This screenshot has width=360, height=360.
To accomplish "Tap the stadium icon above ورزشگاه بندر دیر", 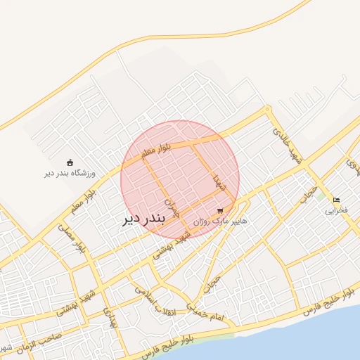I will coord(69,162).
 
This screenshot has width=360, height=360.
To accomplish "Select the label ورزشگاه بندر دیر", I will coord(70,173).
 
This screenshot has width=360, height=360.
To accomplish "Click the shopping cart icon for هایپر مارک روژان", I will coord(221,210).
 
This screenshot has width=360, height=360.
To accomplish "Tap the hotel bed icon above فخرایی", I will coord(336,200).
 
